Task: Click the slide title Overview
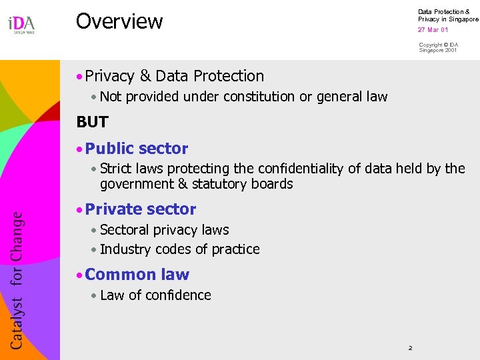point(119,21)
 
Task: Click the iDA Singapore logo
point(21,25)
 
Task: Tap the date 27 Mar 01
point(433,30)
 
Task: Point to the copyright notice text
point(438,47)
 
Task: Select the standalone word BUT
point(92,122)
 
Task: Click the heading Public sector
point(137,149)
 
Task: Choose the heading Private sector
point(141,209)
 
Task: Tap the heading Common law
point(137,275)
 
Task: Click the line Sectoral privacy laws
point(164,230)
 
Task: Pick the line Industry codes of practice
point(179,249)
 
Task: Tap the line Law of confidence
point(155,295)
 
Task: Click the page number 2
point(411,348)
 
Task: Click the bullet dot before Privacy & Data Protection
point(79,77)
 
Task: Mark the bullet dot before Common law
point(79,275)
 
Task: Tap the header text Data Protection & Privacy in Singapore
point(447,15)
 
